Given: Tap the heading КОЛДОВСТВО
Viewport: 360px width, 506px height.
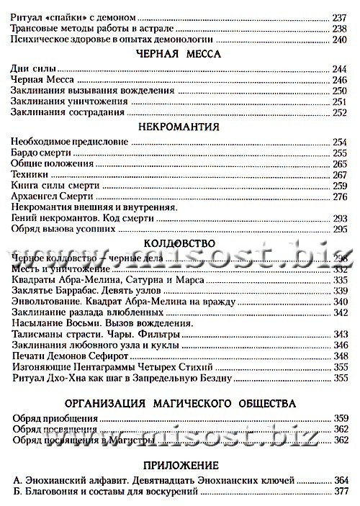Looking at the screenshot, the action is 180,243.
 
